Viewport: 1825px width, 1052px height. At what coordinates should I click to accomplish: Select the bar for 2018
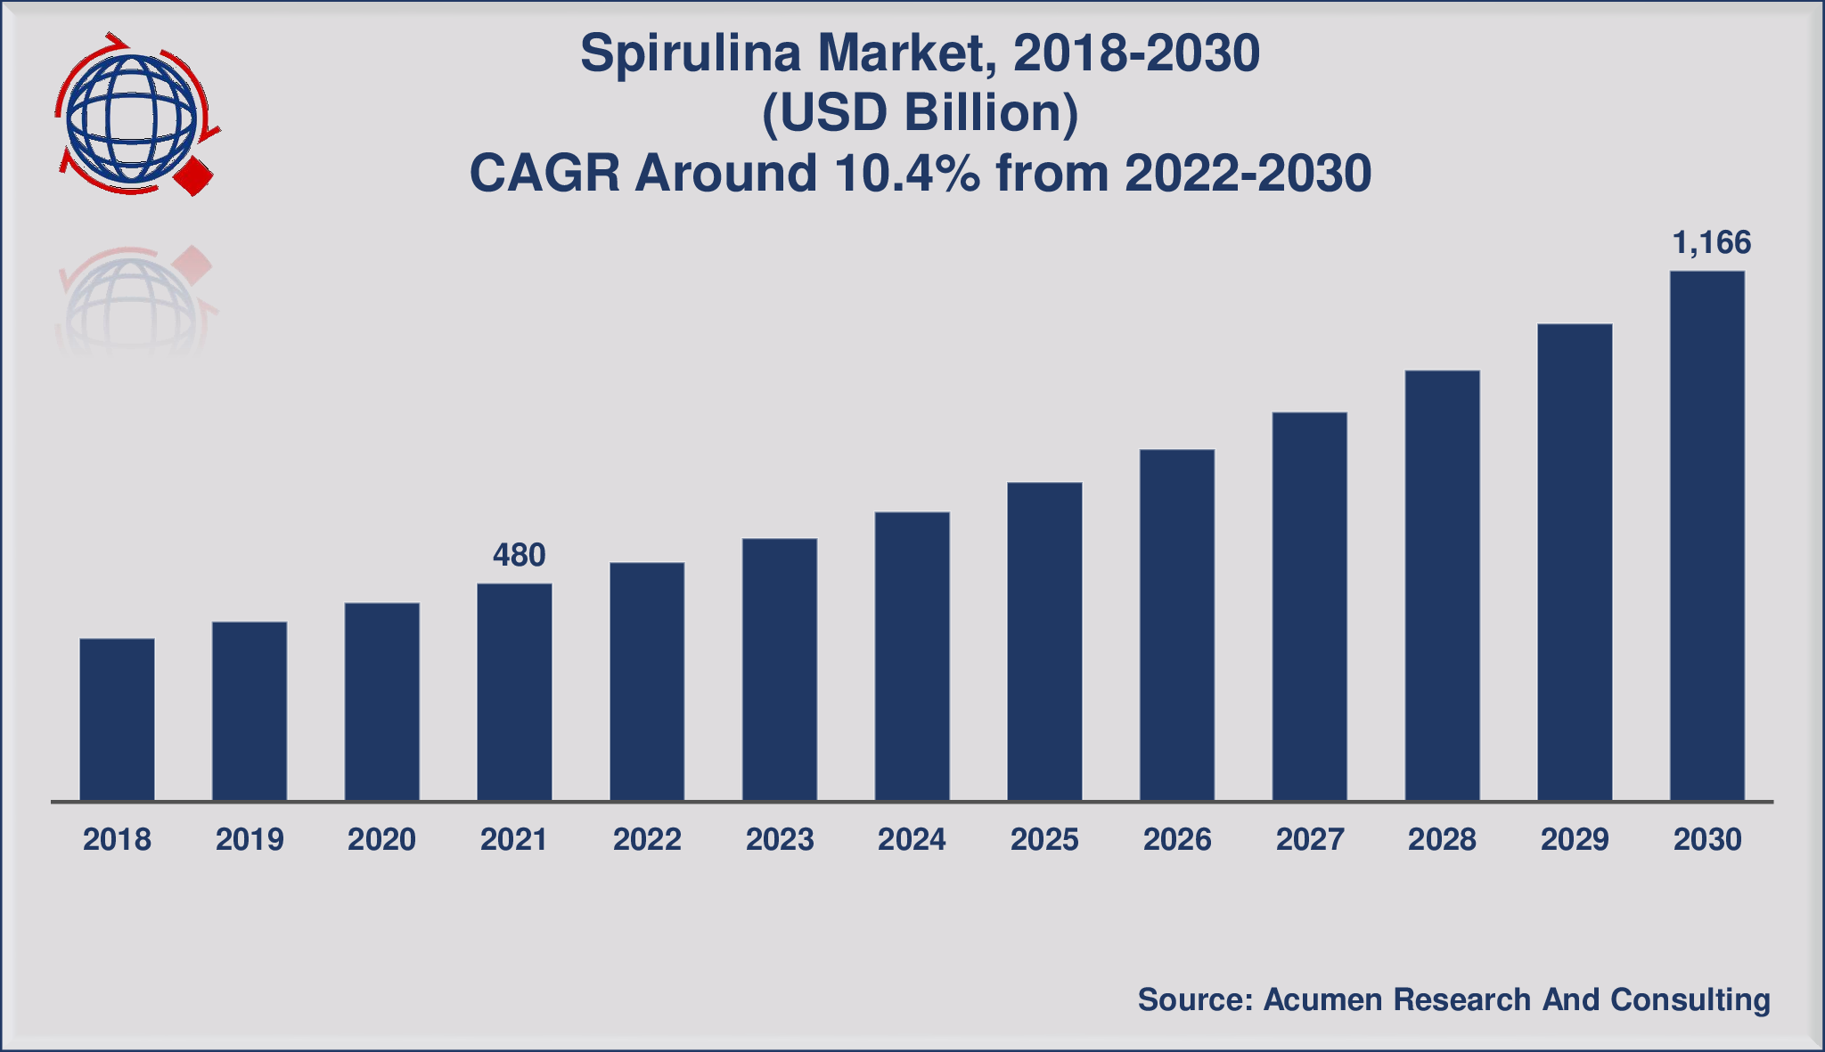(117, 719)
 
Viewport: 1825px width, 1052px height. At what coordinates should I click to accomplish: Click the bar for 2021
(514, 691)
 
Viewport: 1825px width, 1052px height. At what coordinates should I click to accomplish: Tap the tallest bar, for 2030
(1706, 535)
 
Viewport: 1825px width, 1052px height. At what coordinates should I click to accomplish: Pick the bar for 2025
(1044, 640)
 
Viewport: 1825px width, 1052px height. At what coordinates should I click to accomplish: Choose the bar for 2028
(1442, 585)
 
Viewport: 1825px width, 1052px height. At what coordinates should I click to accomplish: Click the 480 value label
(519, 555)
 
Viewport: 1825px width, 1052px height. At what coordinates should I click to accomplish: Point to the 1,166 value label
(1712, 242)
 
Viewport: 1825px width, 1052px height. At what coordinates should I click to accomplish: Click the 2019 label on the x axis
(250, 839)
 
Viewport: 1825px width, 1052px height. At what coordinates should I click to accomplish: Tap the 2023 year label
(780, 839)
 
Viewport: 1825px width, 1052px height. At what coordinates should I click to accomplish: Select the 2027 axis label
(1309, 839)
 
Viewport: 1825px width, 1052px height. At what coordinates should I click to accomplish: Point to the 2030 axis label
(1706, 839)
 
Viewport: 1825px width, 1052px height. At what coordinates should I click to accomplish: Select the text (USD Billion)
(920, 113)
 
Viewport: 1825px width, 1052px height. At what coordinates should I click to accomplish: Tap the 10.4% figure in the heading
(907, 173)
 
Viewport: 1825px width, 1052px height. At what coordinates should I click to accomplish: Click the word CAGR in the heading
(544, 173)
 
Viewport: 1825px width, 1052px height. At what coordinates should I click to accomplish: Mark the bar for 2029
(1575, 562)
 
